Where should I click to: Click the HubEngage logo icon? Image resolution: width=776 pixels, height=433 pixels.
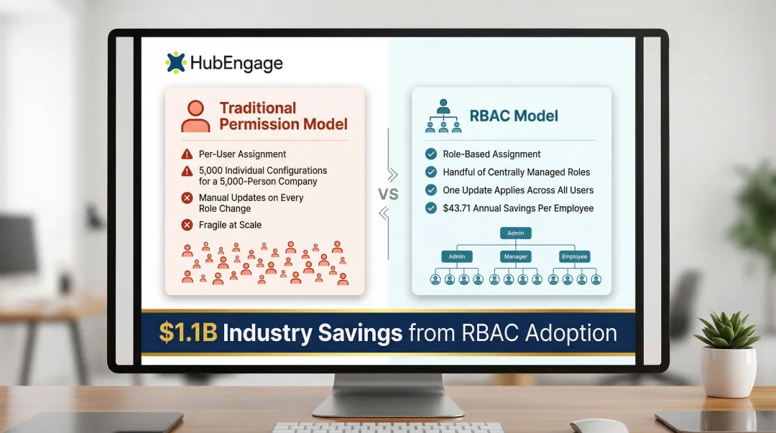175,63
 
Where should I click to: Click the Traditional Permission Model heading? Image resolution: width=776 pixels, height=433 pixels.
283,116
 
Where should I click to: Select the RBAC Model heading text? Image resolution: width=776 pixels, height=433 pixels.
513,116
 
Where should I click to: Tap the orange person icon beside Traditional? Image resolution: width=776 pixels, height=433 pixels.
195,116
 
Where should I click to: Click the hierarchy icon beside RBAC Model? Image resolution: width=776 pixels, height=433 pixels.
442,116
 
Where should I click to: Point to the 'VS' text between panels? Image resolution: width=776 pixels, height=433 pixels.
388,193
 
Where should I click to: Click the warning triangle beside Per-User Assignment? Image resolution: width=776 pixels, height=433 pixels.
187,154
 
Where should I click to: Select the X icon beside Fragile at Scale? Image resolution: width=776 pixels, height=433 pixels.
187,225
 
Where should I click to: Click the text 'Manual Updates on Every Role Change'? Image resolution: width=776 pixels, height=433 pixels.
251,203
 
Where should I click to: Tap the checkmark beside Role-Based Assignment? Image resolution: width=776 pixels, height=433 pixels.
431,154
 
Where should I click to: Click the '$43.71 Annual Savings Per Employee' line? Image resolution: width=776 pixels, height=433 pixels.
518,208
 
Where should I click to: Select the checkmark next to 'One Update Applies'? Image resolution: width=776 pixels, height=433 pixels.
431,190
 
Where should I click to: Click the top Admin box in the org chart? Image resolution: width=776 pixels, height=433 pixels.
516,233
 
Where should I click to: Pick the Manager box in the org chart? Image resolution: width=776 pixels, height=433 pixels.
516,256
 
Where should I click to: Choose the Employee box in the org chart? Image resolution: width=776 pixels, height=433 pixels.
574,256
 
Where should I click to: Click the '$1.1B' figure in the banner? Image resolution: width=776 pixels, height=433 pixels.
188,333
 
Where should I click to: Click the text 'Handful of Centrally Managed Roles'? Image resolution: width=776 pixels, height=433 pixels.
516,172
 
